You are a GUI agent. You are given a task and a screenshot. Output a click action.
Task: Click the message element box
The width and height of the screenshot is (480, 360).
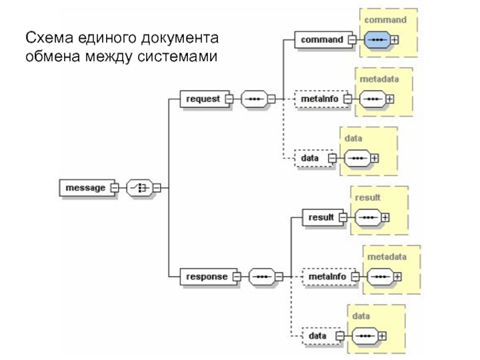point(87,188)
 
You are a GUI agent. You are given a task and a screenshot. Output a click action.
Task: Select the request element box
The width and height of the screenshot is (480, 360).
point(205,99)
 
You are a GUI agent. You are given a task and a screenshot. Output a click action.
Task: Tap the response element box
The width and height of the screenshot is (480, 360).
point(208,277)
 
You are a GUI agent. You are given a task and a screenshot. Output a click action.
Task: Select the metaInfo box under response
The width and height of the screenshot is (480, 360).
point(329,277)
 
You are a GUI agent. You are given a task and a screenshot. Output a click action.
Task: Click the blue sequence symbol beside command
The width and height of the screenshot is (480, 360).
point(377,40)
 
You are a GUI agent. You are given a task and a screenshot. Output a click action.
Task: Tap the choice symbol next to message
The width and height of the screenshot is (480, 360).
point(140,188)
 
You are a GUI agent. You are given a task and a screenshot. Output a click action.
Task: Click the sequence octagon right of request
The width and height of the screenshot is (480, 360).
point(254,99)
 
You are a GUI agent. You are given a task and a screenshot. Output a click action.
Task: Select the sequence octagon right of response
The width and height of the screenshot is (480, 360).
point(262,277)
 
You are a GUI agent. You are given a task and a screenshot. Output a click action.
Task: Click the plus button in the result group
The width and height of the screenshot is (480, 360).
point(385,218)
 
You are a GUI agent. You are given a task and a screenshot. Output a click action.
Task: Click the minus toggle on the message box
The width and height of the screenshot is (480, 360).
point(115,188)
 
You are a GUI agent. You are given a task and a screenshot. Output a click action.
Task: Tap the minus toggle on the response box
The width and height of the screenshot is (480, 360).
point(236,277)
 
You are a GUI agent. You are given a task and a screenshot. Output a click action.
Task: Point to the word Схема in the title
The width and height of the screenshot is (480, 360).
point(50,38)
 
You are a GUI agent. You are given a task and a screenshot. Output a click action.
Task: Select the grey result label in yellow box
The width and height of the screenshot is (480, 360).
point(368,197)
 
